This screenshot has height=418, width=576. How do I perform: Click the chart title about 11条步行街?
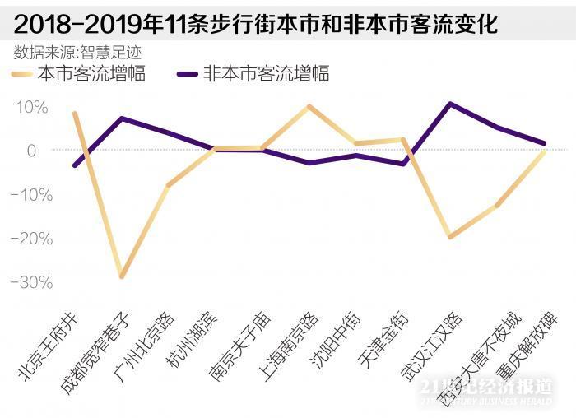coord(256,21)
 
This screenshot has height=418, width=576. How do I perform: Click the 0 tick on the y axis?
coord(31,151)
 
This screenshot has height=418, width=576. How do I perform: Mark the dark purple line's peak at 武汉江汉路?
coord(449,104)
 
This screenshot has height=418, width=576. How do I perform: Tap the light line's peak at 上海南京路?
coord(309,106)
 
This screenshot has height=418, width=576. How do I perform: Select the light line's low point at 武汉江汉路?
coord(449,237)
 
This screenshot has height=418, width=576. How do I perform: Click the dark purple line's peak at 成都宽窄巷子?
coord(122,118)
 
